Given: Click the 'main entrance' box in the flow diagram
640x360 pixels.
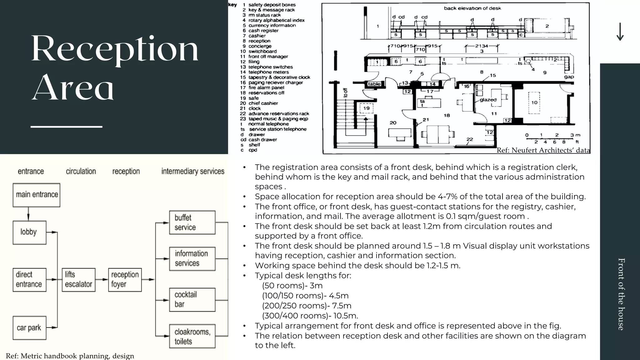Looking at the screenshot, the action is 37,195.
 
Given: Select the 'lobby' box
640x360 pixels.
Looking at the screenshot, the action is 29,232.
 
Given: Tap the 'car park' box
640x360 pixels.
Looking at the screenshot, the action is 29,328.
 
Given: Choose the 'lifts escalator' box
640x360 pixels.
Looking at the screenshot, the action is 78,280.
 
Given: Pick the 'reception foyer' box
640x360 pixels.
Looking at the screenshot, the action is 125,280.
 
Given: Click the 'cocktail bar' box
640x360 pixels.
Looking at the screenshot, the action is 192,300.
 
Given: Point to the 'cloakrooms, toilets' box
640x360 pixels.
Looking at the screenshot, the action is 192,336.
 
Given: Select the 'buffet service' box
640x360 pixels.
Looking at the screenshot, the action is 192,222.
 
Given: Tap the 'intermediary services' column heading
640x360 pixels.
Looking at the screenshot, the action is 193,171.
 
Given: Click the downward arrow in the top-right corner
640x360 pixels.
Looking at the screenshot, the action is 620,32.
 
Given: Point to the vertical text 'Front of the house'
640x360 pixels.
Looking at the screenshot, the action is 621,294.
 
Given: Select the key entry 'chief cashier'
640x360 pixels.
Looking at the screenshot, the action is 263,103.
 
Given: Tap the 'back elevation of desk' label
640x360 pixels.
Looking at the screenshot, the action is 472,8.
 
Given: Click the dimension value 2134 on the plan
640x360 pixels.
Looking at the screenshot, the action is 482,46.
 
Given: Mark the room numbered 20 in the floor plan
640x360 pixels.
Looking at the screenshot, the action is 393,123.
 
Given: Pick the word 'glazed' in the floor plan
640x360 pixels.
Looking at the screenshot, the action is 488,100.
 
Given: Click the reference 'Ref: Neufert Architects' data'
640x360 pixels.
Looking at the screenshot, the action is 543,150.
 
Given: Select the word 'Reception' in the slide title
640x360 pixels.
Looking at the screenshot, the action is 115,49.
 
